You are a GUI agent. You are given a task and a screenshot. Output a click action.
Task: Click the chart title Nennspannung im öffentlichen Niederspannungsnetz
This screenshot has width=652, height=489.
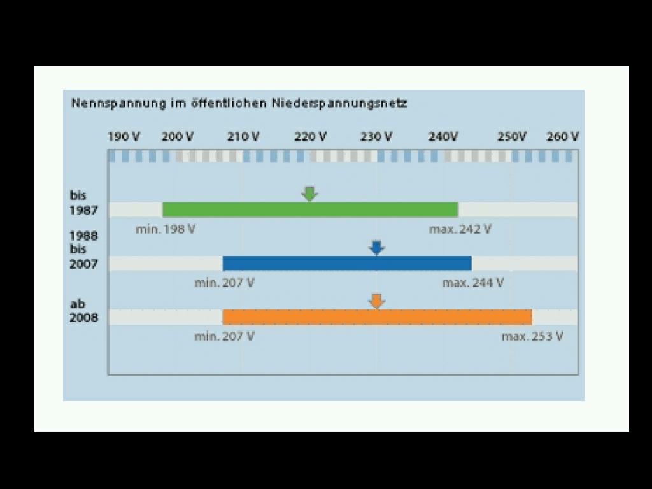pos(239,103)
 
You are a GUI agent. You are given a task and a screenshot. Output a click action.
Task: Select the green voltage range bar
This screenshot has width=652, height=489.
pos(310,209)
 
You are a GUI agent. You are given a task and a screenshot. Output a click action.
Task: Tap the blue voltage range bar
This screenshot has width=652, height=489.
pos(347,263)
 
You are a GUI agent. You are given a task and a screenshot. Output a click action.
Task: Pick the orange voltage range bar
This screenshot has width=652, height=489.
pos(377,316)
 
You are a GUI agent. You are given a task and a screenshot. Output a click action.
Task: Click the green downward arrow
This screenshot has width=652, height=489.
pos(309,194)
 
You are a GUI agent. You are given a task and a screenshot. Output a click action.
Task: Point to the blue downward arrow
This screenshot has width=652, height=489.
pos(377,248)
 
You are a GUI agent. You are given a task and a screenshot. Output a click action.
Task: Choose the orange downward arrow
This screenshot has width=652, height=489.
pos(377,301)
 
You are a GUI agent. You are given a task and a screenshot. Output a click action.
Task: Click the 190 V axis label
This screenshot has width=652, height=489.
pos(124,136)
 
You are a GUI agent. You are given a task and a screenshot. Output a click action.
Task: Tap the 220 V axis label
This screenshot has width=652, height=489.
pos(311,136)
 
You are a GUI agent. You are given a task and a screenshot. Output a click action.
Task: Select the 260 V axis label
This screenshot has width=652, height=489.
pos(563,136)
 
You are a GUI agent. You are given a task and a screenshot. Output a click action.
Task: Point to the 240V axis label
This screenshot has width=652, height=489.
pos(443,136)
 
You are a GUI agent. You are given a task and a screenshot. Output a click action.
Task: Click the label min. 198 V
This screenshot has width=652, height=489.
pos(166,229)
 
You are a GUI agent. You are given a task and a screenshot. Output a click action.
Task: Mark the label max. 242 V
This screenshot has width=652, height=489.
pos(460,229)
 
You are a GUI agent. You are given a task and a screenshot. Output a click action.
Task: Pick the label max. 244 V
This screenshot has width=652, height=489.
pos(473,283)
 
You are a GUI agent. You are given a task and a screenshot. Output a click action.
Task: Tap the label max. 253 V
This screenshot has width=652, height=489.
pos(532,336)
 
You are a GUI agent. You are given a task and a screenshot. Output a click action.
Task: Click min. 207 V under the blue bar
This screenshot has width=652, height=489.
pos(225,283)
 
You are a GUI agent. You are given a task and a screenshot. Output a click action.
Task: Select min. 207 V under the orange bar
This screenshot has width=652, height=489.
pos(225,336)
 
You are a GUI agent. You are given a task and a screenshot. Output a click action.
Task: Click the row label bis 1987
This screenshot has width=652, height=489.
pos(83,202)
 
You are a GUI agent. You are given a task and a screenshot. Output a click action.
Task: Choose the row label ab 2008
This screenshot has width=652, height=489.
pos(83,311)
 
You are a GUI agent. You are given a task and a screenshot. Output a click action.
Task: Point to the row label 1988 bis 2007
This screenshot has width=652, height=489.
pos(83,250)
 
